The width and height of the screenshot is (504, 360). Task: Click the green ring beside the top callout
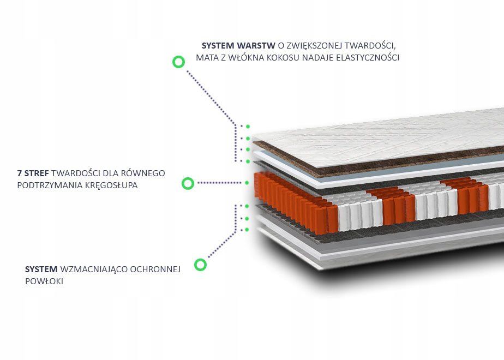(178, 62)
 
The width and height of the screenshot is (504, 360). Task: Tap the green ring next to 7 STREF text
(188, 183)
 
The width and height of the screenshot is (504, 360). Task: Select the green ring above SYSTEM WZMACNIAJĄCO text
(201, 265)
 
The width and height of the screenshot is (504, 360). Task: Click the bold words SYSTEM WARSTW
(238, 45)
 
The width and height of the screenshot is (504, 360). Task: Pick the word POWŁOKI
(44, 281)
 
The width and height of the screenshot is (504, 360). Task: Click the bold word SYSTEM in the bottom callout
(41, 269)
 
